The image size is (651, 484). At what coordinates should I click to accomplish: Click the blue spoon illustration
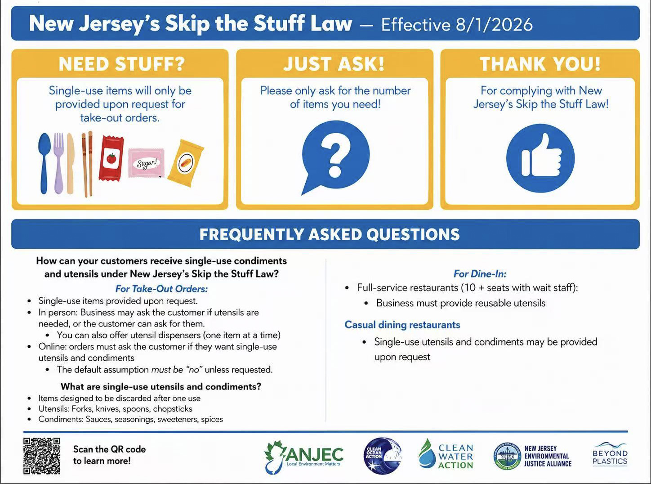click(45, 163)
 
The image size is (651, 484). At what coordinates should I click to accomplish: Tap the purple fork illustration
click(58, 163)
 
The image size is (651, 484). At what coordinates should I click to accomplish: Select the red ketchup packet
click(111, 158)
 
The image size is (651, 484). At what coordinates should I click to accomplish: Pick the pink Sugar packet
click(146, 163)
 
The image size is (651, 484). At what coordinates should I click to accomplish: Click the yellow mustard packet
click(186, 163)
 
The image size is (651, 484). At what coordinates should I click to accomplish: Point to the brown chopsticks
click(87, 164)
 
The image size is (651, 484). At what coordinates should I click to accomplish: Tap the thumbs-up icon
click(540, 158)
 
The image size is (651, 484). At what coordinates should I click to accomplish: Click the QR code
click(42, 456)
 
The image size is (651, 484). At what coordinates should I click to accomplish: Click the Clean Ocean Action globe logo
click(383, 457)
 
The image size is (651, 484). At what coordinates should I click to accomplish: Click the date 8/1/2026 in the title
click(494, 24)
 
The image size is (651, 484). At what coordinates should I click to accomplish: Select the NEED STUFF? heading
click(122, 64)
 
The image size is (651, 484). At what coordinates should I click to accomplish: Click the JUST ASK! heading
click(334, 64)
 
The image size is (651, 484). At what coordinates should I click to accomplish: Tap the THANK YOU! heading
click(540, 64)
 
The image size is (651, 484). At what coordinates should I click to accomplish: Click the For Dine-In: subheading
click(480, 274)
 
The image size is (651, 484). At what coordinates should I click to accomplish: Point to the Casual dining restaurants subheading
click(402, 324)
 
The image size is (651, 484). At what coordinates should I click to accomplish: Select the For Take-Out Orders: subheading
click(161, 289)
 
